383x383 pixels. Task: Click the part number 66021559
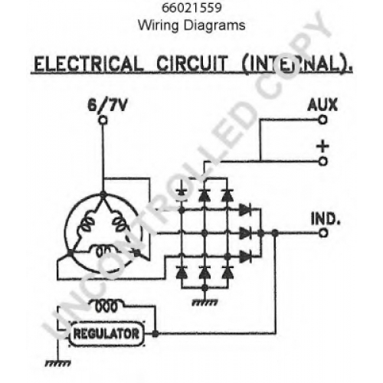point(191,8)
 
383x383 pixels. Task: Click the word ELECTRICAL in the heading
point(88,64)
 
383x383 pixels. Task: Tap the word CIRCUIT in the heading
point(191,64)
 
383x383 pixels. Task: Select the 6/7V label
point(107,105)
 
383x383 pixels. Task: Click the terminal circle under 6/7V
point(103,120)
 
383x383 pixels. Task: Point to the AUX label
point(322,104)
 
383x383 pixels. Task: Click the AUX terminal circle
point(322,119)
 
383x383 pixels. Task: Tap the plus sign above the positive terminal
point(322,146)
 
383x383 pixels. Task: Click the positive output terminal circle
point(322,162)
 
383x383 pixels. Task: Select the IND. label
point(326,219)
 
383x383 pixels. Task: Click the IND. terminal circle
point(323,233)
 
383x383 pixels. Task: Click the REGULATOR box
point(106,333)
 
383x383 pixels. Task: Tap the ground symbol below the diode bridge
point(205,303)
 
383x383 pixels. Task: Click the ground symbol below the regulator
point(58,363)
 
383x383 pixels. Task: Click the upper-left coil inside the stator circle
point(85,224)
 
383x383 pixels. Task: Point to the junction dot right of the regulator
point(155,333)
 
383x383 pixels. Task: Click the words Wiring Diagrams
point(191,25)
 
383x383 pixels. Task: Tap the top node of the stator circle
point(103,195)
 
